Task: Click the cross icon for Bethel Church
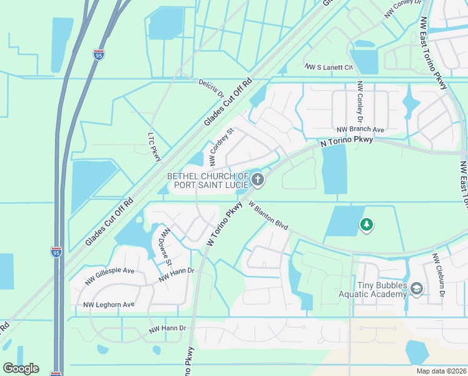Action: (x=258, y=181)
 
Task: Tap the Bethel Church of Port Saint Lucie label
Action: (x=208, y=181)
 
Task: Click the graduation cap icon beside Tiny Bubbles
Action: (x=417, y=288)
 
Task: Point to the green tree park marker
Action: (x=367, y=224)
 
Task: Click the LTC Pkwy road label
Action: (x=155, y=148)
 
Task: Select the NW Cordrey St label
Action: (x=221, y=144)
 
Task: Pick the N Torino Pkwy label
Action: (x=347, y=142)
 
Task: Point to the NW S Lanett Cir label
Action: (x=328, y=66)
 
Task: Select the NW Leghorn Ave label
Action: (x=109, y=305)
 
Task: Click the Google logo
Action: (x=21, y=368)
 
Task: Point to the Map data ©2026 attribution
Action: (x=441, y=371)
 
